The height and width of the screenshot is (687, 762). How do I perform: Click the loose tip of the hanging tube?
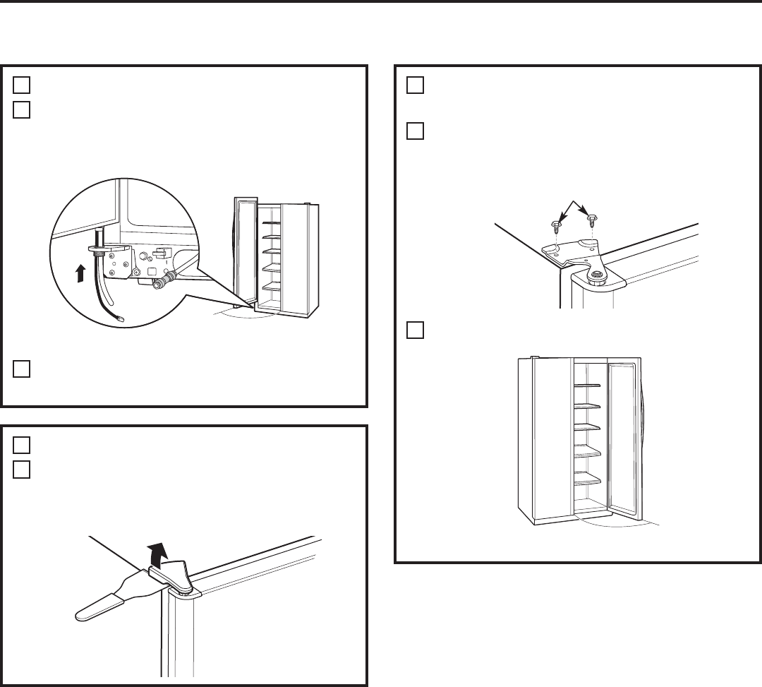[x=120, y=319]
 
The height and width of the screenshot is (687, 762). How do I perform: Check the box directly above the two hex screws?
[x=415, y=131]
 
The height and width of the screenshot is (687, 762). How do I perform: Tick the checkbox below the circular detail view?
[x=21, y=369]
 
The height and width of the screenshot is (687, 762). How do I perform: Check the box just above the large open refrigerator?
[x=415, y=330]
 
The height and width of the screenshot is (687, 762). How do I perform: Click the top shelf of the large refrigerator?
[x=586, y=386]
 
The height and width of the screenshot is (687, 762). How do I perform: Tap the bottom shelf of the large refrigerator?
[x=586, y=482]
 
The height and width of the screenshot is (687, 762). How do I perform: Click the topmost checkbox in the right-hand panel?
[x=415, y=85]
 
